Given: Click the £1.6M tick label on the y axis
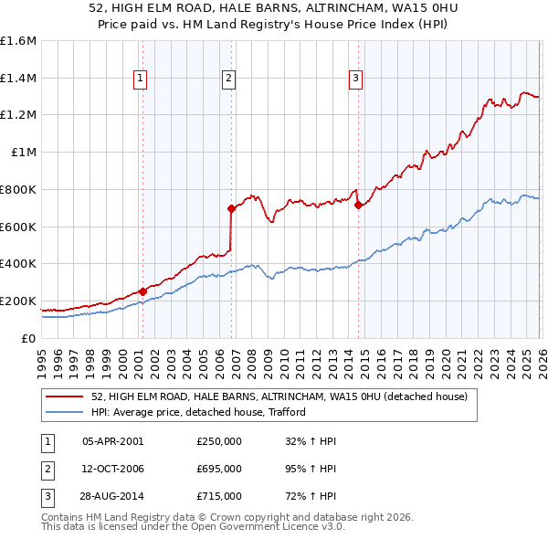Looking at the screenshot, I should tap(18, 41).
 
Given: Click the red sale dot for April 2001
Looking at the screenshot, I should tap(142, 291).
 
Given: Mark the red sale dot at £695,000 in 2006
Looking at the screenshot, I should tap(231, 209).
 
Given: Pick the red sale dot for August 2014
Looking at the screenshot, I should tap(358, 206).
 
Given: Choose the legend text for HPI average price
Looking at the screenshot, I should tap(197, 412).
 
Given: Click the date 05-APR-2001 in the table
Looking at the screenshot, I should tap(112, 441).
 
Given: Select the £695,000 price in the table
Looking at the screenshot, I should tap(219, 469).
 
